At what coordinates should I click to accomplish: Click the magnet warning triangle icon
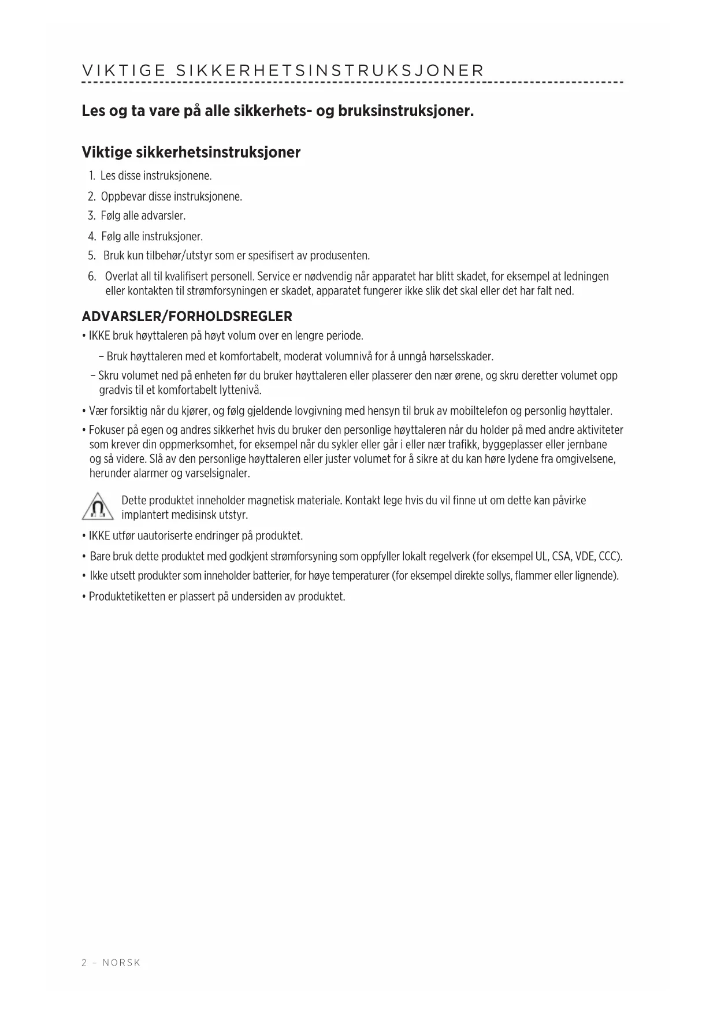(x=98, y=507)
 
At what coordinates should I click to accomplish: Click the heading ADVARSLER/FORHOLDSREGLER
(x=187, y=316)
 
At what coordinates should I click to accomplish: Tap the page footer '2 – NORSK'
(x=111, y=963)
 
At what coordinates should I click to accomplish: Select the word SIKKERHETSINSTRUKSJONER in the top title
(x=329, y=71)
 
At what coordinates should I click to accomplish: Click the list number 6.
(x=92, y=276)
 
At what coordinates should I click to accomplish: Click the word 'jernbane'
(x=588, y=445)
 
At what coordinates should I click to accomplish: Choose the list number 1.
(x=92, y=175)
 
